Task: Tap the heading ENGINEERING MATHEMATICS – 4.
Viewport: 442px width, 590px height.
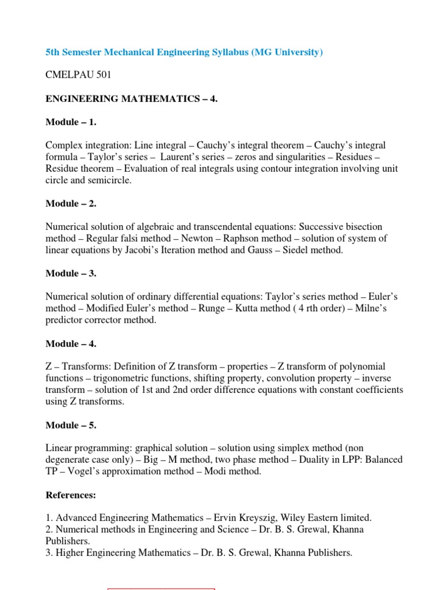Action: coord(132,99)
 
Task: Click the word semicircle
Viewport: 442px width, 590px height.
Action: coord(110,180)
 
